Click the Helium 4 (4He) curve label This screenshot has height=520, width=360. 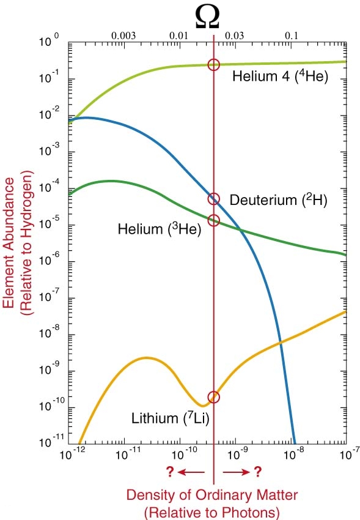pos(280,76)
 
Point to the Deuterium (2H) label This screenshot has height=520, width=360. pos(278,200)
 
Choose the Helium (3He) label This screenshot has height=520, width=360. pos(160,229)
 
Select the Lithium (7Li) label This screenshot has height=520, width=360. pos(171,418)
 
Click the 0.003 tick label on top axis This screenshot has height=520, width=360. pos(123,36)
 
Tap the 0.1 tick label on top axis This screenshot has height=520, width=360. pos(292,36)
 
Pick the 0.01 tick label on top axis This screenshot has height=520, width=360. pos(179,36)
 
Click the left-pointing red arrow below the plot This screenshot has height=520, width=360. pos(191,472)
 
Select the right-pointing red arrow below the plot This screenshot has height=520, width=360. pos(237,472)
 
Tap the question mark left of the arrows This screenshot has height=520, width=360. pos(171,472)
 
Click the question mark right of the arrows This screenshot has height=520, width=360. pos(258,472)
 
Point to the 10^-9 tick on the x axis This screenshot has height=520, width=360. pos(236,455)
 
